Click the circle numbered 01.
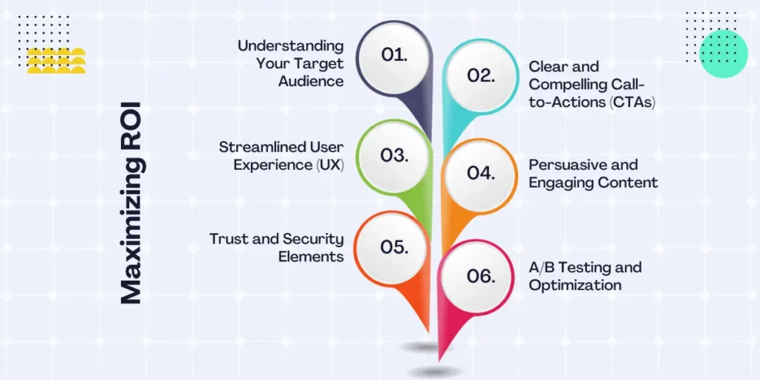click(x=394, y=55)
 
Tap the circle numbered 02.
click(x=480, y=75)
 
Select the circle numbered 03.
click(x=394, y=155)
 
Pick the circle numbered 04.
click(x=480, y=173)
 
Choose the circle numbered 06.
click(x=480, y=275)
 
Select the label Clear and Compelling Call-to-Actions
click(x=590, y=84)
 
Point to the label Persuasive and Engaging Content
click(x=592, y=173)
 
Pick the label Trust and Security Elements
click(x=276, y=248)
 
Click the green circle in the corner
click(x=723, y=53)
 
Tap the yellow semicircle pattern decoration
click(x=56, y=61)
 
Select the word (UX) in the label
click(x=328, y=165)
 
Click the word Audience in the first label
click(x=311, y=82)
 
